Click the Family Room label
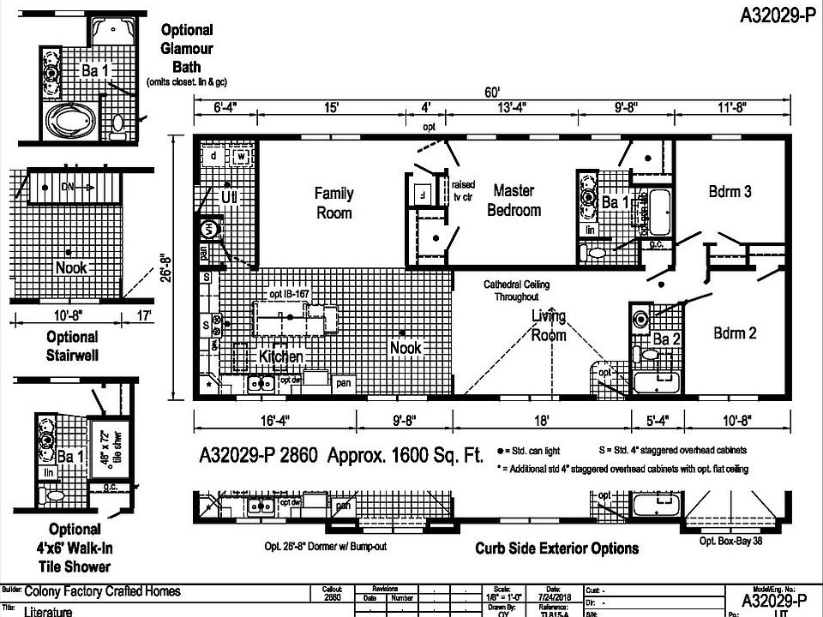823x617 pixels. pyautogui.click(x=333, y=203)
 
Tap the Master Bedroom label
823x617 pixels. pyautogui.click(x=514, y=200)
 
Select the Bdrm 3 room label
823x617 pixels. pyautogui.click(x=730, y=192)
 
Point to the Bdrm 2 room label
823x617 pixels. pyautogui.click(x=735, y=333)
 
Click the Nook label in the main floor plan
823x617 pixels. pyautogui.click(x=405, y=348)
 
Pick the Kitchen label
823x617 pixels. pyautogui.click(x=281, y=356)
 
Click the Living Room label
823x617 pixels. pyautogui.click(x=549, y=326)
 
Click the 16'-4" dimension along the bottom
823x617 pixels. pyautogui.click(x=274, y=421)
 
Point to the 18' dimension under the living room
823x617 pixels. pyautogui.click(x=542, y=421)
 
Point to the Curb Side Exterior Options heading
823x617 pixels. pyautogui.click(x=556, y=548)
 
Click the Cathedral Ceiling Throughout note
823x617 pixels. pyautogui.click(x=516, y=290)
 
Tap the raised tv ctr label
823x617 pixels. pyautogui.click(x=463, y=190)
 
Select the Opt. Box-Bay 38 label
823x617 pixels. pyautogui.click(x=730, y=540)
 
